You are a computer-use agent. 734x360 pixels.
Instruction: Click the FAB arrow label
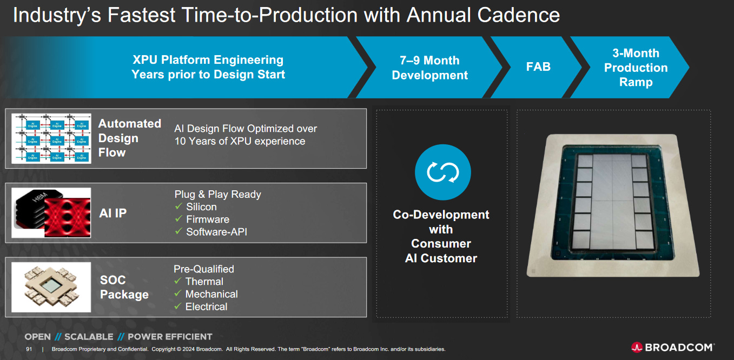pos(538,67)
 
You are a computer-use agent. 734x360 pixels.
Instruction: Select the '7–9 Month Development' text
pos(429,68)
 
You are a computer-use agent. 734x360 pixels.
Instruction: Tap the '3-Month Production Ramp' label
pos(636,68)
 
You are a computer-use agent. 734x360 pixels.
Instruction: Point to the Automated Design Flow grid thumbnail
pos(51,138)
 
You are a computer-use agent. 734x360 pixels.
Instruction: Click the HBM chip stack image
pos(51,213)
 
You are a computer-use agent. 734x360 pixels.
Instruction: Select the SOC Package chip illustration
pos(51,287)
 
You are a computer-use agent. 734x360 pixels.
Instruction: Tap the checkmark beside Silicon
pos(178,206)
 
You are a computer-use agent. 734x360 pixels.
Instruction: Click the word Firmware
pos(208,219)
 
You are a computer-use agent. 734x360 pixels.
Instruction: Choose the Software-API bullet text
pos(216,232)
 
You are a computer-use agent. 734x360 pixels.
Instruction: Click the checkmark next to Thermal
pos(177,281)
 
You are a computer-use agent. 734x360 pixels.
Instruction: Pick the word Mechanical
pos(211,294)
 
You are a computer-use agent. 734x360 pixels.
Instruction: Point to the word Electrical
pos(206,306)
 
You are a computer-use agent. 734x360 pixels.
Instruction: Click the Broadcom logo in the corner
pos(672,347)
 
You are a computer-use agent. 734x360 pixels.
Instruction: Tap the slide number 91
pos(29,349)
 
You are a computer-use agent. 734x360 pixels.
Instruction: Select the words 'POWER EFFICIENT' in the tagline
pos(170,337)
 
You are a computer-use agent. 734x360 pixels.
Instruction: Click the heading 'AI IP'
pos(113,214)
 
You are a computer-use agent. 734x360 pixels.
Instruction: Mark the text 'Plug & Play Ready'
pos(217,194)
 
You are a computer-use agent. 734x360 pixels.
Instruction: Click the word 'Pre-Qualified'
pos(204,269)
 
